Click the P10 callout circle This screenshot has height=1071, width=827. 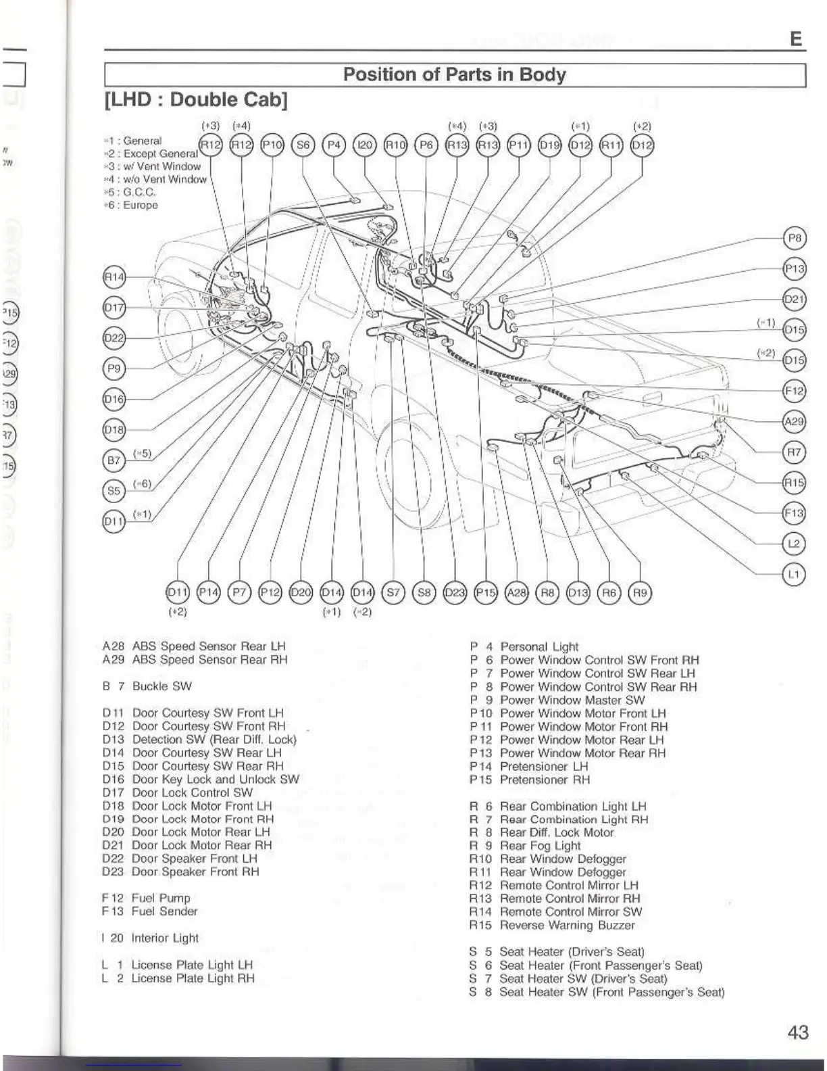272,145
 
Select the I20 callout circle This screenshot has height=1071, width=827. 364,145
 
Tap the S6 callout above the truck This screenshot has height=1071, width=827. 303,145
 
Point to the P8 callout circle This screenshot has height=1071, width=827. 795,238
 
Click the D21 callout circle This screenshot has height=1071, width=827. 795,299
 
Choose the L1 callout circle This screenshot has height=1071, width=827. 795,575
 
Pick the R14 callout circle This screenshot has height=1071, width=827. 114,277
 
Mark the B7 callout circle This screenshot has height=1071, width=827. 114,460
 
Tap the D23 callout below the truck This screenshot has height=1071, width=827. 455,593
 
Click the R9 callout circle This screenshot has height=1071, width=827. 640,593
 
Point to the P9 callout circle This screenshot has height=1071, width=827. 114,368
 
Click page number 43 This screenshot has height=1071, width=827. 797,1032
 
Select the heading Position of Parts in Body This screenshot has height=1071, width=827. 454,74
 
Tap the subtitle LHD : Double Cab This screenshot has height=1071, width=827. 196,100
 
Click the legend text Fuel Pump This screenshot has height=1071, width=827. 161,898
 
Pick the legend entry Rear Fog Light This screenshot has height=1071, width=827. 540,846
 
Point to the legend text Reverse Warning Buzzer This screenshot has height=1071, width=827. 567,925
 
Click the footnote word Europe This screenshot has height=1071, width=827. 140,205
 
